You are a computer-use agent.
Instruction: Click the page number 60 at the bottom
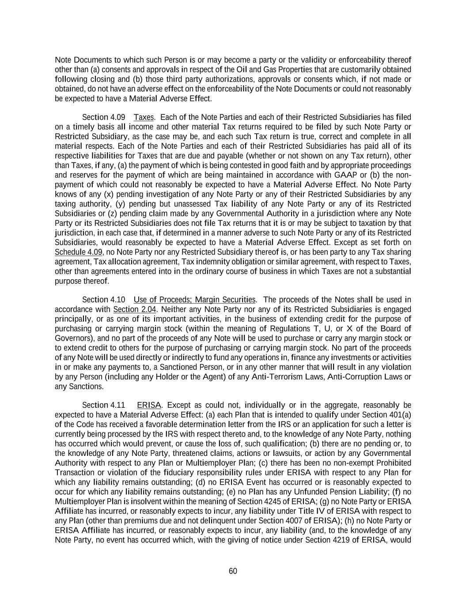point(233,571)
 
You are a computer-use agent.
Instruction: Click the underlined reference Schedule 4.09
point(79,252)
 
